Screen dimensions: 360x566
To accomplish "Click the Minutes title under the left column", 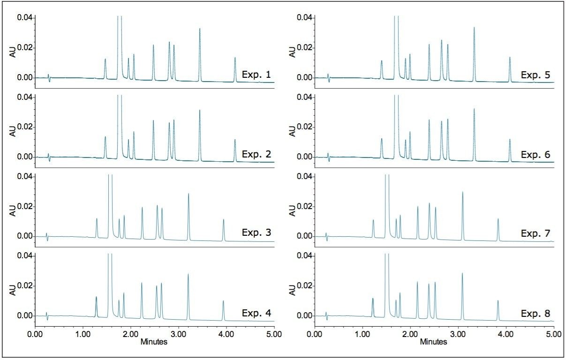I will point(154,342).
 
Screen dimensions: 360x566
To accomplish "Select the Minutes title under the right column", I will point(434,342).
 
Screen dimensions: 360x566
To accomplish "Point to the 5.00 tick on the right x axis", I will point(553,335).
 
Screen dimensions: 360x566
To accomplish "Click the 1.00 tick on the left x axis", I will point(83,335).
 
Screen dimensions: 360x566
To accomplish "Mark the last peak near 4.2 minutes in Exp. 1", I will point(235,59).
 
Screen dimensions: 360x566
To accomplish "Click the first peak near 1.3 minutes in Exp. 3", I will point(97,219).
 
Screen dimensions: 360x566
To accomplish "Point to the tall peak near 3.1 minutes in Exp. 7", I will point(462,193).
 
